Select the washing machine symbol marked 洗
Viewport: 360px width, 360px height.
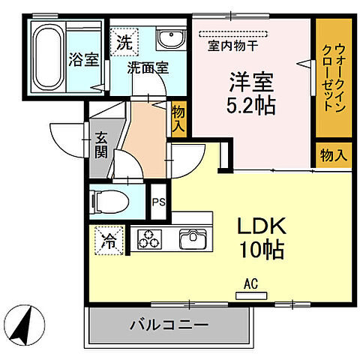[x=124, y=41]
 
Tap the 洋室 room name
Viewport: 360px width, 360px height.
[x=250, y=79]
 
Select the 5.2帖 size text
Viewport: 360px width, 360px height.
[x=250, y=104]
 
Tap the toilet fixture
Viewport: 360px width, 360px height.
[x=109, y=202]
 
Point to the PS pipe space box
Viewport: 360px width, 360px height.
[x=159, y=202]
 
